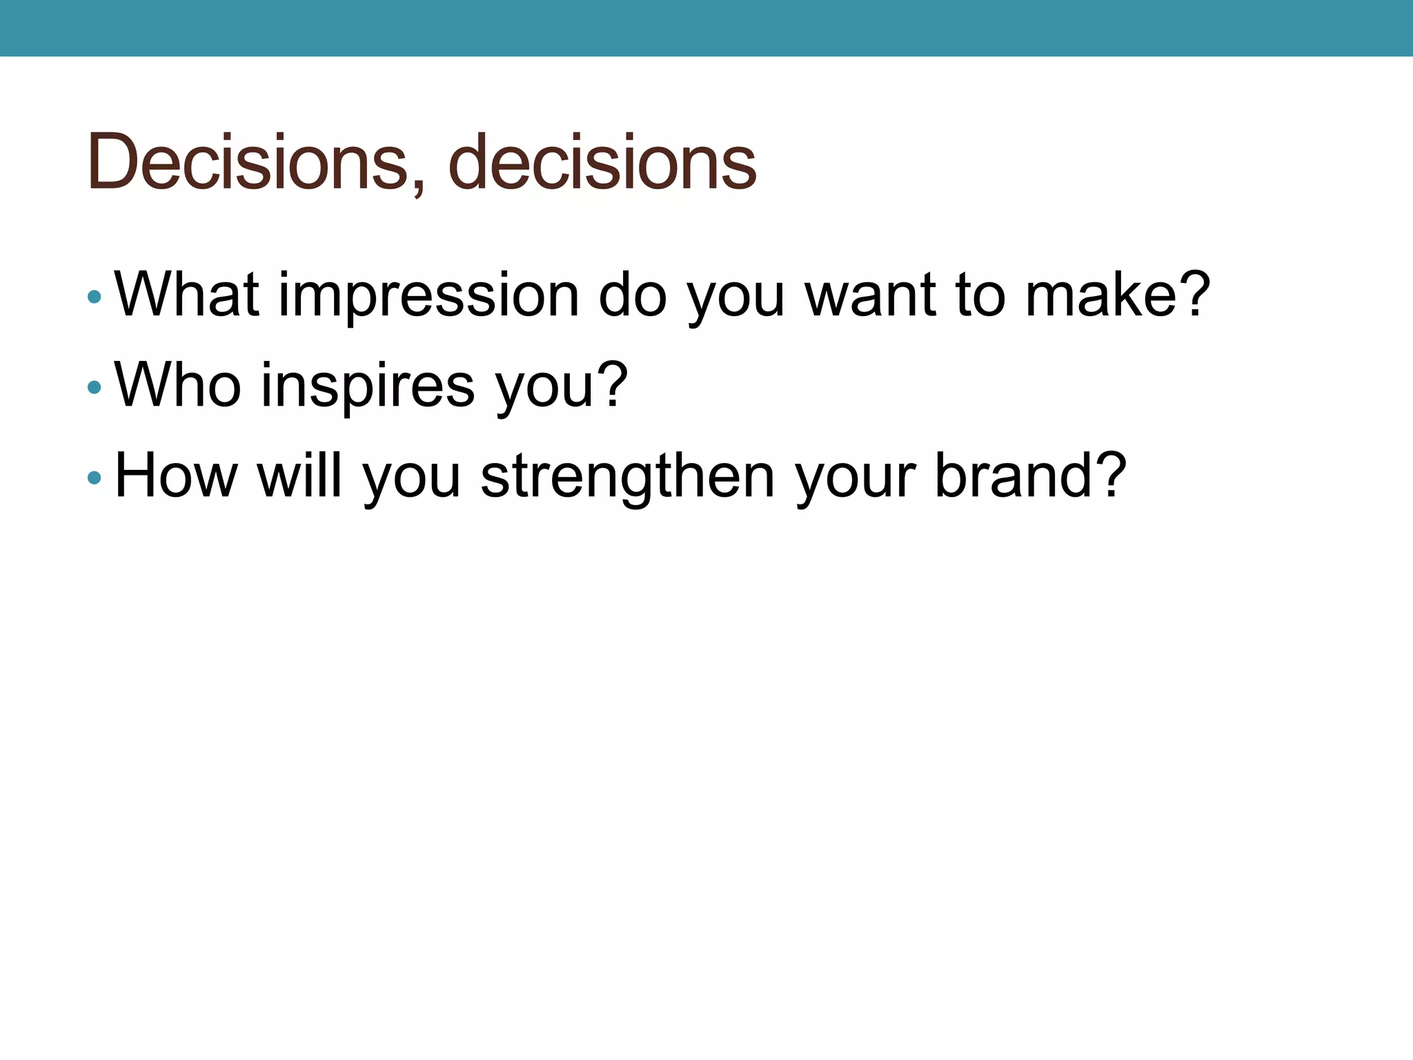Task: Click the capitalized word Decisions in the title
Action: click(x=248, y=161)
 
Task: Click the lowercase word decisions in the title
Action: click(x=602, y=161)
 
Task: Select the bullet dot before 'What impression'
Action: click(x=95, y=297)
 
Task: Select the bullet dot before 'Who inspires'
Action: click(x=95, y=388)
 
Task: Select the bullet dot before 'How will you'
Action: click(x=95, y=478)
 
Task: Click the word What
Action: click(x=186, y=295)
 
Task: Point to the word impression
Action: click(x=428, y=295)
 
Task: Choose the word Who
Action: click(x=178, y=385)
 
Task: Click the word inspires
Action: click(x=368, y=385)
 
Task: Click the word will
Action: click(x=299, y=475)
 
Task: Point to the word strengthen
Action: click(x=627, y=475)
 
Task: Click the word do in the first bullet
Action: click(x=632, y=295)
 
